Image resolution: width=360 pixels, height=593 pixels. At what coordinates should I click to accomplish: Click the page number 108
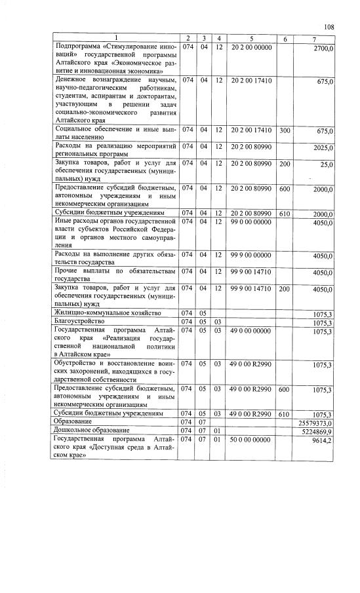(329, 27)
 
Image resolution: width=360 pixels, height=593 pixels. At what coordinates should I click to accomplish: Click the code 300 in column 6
(285, 130)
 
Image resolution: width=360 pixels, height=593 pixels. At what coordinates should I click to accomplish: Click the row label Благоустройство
(81, 322)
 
